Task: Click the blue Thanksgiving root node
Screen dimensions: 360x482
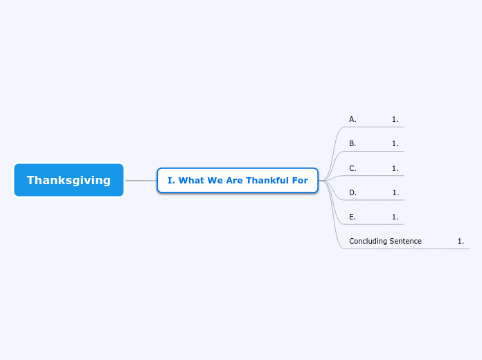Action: click(69, 180)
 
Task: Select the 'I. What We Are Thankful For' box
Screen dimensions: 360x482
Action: click(238, 180)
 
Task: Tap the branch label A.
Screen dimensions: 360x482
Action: click(352, 119)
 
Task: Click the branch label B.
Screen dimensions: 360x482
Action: click(352, 143)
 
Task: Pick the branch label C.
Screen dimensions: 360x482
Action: click(352, 168)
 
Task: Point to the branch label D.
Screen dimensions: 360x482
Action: click(352, 192)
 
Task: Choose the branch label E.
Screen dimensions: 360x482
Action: click(352, 217)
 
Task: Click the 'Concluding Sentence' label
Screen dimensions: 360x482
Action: click(385, 241)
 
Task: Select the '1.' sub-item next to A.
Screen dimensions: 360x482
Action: click(395, 119)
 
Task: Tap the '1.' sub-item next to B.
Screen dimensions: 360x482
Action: click(395, 143)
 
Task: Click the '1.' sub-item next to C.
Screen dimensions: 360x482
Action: click(395, 168)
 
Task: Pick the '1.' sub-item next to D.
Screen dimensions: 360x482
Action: click(395, 192)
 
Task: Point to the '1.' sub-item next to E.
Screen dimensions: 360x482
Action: click(395, 217)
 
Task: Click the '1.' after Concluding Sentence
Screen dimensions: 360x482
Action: click(461, 241)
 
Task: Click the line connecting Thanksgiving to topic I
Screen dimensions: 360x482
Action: click(141, 180)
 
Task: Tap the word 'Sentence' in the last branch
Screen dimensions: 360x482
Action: click(406, 241)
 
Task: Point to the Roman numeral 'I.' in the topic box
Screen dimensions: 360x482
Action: click(171, 181)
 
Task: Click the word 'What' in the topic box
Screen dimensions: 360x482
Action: click(191, 181)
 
